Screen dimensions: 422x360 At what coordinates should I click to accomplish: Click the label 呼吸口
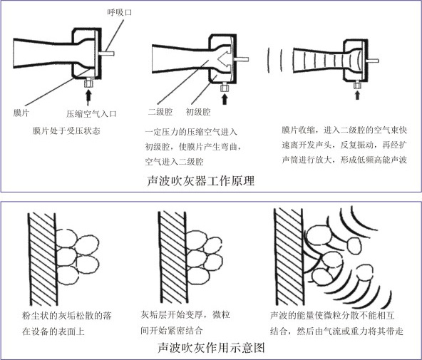tap(120, 12)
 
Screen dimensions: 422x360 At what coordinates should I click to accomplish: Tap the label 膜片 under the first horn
tap(21, 113)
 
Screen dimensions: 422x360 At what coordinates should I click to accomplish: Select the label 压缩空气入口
tap(91, 114)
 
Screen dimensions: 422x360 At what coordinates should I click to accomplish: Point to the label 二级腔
tap(160, 112)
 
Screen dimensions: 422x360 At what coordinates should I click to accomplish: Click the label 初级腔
tap(198, 112)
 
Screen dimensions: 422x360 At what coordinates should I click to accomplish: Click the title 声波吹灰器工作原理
tap(201, 180)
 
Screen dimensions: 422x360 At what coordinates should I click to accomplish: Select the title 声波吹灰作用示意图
tap(211, 347)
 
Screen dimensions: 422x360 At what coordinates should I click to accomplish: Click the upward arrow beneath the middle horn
tap(225, 98)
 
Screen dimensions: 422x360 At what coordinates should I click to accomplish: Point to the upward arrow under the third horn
tap(357, 95)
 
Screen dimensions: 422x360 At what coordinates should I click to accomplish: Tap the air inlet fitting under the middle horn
tap(225, 87)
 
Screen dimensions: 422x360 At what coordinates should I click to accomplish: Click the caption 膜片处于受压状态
tap(66, 130)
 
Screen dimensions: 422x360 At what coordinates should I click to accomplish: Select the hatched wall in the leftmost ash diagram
tap(43, 258)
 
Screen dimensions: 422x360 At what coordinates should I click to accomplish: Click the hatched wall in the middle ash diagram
tap(173, 257)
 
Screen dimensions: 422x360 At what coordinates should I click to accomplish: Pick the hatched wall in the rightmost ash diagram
tap(289, 257)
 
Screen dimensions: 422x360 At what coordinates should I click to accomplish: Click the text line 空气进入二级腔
tap(174, 162)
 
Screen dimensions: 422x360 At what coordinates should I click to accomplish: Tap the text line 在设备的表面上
tap(53, 331)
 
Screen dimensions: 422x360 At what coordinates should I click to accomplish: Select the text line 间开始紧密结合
tap(171, 330)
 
